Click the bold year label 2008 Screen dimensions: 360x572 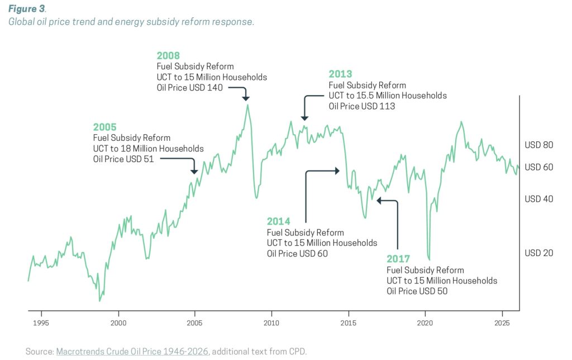pyautogui.click(x=168, y=55)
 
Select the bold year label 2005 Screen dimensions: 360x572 pyautogui.click(x=104, y=127)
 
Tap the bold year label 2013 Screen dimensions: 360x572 pyautogui.click(x=340, y=74)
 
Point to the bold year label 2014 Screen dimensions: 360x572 pyautogui.click(x=278, y=221)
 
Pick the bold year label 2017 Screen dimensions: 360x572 pyautogui.click(x=398, y=259)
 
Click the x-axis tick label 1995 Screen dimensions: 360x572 pyautogui.click(x=41, y=323)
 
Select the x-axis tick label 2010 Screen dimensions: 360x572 pyautogui.click(x=271, y=323)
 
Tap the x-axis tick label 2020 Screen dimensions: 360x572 pyautogui.click(x=425, y=323)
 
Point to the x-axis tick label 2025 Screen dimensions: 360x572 pyautogui.click(x=502, y=323)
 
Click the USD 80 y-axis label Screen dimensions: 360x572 pyautogui.click(x=538, y=145)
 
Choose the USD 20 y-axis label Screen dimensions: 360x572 pyautogui.click(x=538, y=253)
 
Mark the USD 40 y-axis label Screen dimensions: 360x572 pyautogui.click(x=538, y=199)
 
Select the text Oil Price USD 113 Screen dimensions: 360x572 pyautogui.click(x=361, y=106)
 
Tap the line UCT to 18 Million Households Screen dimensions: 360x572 pyautogui.click(x=148, y=148)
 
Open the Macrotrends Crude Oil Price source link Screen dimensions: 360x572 pyautogui.click(x=132, y=351)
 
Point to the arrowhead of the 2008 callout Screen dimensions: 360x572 pyautogui.click(x=245, y=98)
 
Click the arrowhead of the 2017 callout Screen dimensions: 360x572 pyautogui.click(x=379, y=200)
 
